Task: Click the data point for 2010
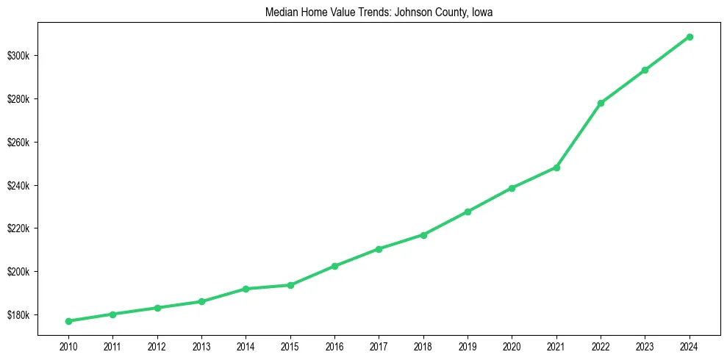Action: pos(68,321)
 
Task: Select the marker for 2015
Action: pos(290,285)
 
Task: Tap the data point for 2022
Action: pos(601,103)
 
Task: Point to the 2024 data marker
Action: pos(690,37)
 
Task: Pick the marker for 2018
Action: pos(423,235)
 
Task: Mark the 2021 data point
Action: pos(556,168)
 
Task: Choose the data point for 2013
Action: pos(201,301)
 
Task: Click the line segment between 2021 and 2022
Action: pos(579,135)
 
